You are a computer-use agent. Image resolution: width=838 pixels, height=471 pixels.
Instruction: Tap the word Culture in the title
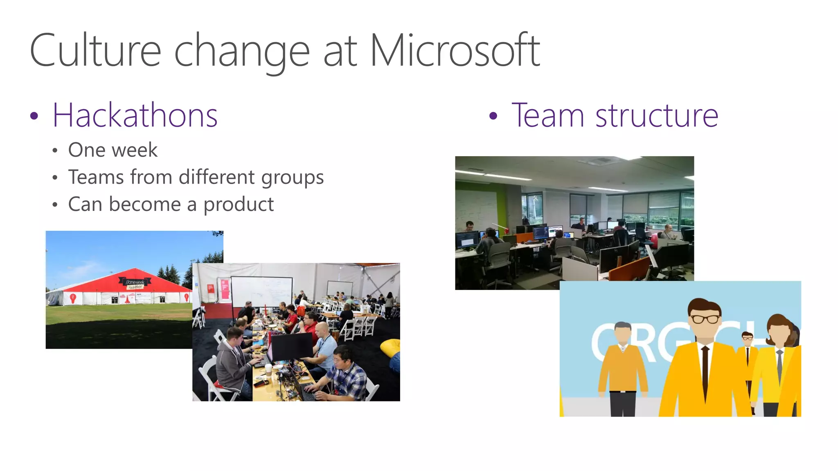tap(95, 51)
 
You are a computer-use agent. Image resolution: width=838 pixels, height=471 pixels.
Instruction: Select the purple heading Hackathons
tap(135, 116)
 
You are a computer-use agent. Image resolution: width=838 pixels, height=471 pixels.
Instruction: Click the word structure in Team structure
tap(656, 116)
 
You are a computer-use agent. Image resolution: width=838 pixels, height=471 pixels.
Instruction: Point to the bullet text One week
tap(113, 150)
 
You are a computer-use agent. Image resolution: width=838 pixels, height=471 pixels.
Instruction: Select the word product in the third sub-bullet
tap(239, 204)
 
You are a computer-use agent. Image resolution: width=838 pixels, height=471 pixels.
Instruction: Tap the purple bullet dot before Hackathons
tap(34, 116)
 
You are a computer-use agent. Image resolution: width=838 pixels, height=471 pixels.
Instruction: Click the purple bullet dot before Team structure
tap(493, 116)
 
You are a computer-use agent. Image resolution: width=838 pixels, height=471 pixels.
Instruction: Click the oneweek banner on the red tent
tap(135, 283)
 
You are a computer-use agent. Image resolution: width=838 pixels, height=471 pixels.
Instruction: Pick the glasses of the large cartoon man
tap(705, 318)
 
